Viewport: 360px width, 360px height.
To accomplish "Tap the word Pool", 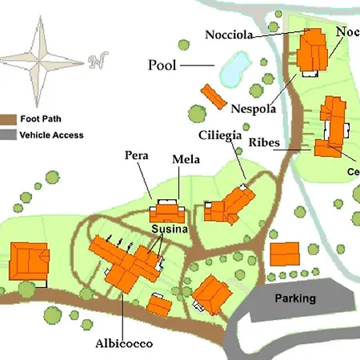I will [x=162, y=65].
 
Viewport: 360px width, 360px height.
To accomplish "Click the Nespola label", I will [x=254, y=108].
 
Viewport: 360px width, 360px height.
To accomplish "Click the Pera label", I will [x=138, y=154].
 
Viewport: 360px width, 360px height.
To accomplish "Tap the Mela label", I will [x=186, y=160].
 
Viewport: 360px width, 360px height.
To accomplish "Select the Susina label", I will [x=170, y=230].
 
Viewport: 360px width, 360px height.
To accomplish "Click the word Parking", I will [x=295, y=298].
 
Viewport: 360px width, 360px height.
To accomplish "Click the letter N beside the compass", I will [x=98, y=61].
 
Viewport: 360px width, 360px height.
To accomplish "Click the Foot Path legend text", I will [x=41, y=117].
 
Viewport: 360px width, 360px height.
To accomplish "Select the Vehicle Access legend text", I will [x=52, y=135].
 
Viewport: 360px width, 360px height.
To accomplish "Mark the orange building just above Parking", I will [x=285, y=255].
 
